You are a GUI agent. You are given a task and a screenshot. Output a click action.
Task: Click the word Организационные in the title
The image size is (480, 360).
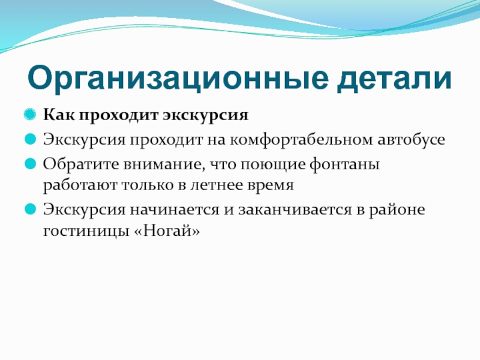point(178,79)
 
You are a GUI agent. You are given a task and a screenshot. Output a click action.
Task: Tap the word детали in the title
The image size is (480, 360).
point(394,79)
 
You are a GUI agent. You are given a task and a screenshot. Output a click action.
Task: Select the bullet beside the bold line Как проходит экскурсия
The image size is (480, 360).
point(30,115)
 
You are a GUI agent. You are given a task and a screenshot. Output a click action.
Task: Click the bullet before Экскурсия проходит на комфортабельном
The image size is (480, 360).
point(30,139)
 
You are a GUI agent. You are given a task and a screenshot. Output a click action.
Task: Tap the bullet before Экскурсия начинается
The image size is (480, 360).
point(30,209)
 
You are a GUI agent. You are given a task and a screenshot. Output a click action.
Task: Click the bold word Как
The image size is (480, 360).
point(59,115)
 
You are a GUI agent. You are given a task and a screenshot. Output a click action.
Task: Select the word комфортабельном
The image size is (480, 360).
point(302,140)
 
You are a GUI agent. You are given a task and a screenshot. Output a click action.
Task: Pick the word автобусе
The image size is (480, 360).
point(411,140)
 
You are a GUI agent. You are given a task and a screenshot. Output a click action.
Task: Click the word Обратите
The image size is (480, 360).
point(81,164)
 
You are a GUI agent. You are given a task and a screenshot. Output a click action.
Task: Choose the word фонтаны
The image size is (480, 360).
point(344,164)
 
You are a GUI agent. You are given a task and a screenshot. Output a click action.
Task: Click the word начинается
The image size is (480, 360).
point(174,210)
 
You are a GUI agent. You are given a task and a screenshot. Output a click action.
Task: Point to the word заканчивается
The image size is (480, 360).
point(295,210)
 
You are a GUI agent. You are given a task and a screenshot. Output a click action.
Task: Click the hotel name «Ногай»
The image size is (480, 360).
point(167,230)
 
